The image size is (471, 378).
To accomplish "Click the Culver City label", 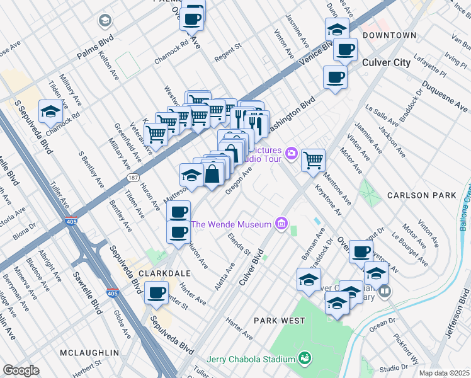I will [x=387, y=62].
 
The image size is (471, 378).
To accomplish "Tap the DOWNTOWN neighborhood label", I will [x=390, y=35].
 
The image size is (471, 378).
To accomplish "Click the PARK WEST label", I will [x=280, y=321].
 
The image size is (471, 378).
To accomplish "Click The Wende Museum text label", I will [x=231, y=224].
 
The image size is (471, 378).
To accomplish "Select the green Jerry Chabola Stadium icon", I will [x=305, y=359].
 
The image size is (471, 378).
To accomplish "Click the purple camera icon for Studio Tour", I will [x=291, y=152].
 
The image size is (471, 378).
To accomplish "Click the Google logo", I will [x=21, y=370].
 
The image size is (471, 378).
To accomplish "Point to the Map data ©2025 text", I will [x=444, y=373].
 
